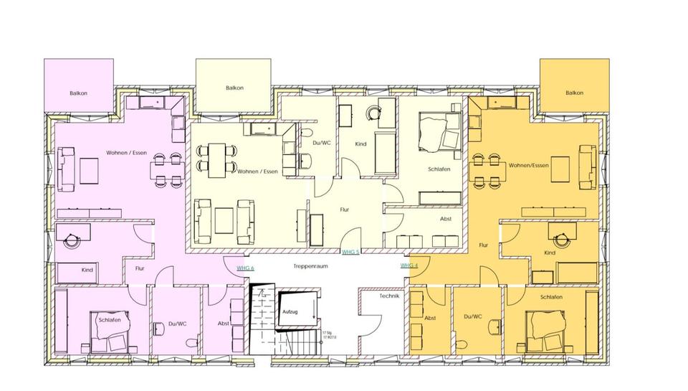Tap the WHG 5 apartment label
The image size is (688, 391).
[350, 253]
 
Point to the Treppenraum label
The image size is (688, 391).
[310, 266]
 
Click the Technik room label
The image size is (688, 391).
[388, 296]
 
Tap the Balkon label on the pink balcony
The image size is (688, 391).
[79, 93]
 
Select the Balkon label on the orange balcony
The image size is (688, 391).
[574, 93]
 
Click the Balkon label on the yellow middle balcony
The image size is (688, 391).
[234, 88]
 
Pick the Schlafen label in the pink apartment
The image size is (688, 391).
[109, 320]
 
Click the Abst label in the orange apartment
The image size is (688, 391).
[431, 317]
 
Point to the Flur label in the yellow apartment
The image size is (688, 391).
[344, 210]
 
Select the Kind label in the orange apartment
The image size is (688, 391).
[550, 253]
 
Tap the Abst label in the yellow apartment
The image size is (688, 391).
[446, 219]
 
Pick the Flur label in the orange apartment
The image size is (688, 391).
[484, 245]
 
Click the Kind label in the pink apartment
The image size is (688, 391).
[87, 270]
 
